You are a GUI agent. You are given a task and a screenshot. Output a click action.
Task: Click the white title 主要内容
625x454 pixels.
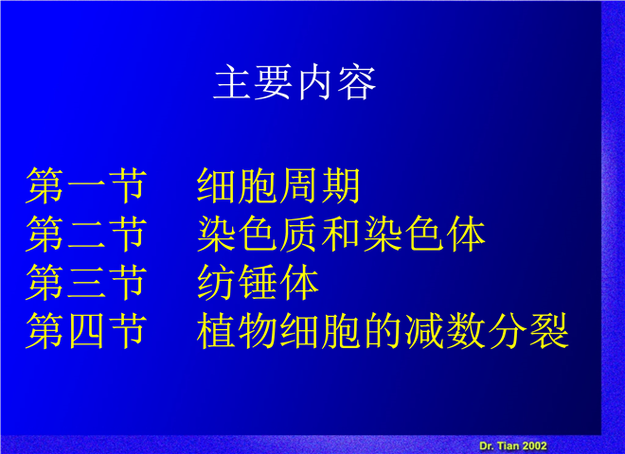point(295,82)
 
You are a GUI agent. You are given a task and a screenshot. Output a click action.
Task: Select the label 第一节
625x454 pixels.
point(86,185)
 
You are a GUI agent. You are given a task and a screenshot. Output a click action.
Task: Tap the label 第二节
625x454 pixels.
point(86,234)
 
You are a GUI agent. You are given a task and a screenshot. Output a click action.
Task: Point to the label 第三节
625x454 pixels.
point(86,283)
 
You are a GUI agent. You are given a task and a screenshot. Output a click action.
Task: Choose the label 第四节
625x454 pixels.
point(86,330)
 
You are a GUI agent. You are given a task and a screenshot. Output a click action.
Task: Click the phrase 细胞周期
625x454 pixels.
point(278,185)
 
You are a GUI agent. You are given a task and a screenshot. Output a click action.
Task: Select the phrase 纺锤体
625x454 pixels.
point(258,283)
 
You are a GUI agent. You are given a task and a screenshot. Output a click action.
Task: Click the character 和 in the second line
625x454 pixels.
point(341,234)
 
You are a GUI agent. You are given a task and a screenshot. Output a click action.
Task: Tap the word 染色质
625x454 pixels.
point(258,234)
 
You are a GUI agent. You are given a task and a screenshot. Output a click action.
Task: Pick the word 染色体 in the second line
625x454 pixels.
point(424,234)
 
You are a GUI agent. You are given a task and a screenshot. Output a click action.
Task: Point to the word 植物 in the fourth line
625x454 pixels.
point(237,330)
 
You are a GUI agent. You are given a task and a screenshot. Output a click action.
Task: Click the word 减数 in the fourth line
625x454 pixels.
point(445,330)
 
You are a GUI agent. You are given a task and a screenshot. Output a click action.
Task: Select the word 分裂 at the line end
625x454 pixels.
point(528,330)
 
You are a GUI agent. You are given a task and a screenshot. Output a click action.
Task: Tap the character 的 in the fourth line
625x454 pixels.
point(383,330)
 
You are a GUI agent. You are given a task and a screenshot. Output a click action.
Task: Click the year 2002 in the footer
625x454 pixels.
point(534,445)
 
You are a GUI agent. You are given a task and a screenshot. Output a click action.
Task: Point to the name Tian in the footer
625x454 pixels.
point(508,445)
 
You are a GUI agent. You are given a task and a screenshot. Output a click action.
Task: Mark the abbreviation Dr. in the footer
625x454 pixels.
point(487,445)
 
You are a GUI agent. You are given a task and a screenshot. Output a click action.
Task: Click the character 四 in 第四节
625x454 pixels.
point(86,330)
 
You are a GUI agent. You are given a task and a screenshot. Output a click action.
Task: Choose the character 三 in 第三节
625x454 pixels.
point(86,283)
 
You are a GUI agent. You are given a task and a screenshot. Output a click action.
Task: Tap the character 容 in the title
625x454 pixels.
point(356,82)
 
